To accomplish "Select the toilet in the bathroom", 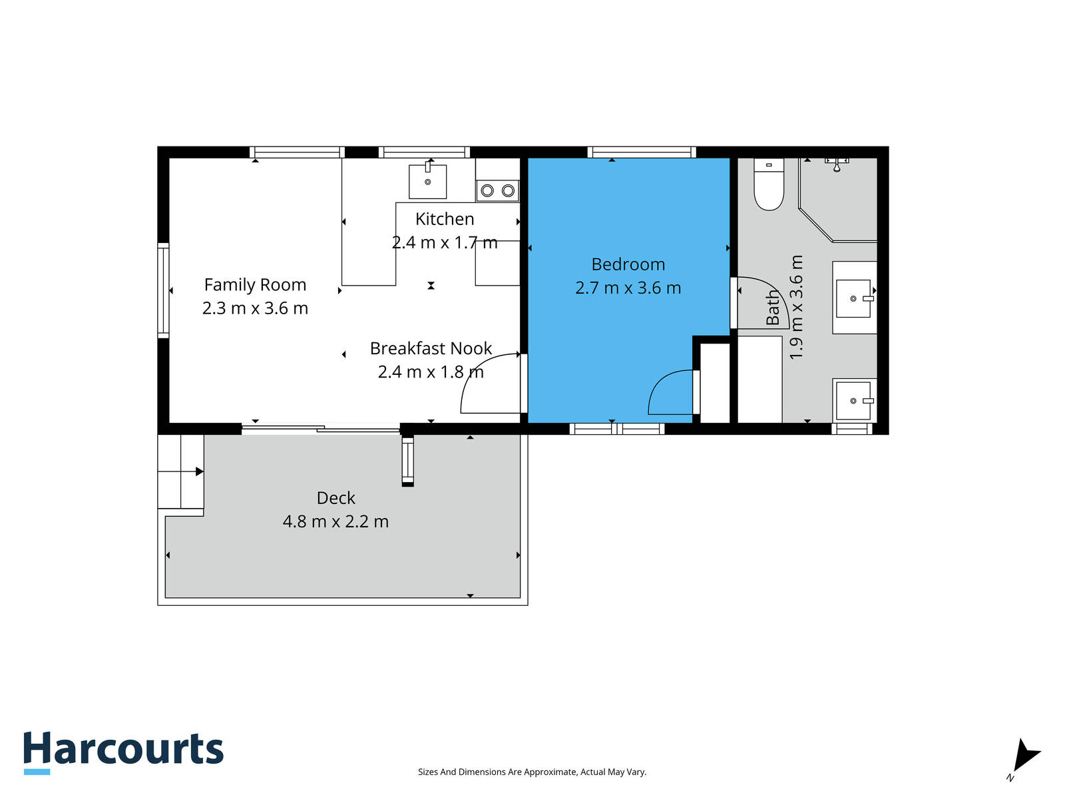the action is coord(769,184).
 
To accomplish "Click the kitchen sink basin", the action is coord(427,181).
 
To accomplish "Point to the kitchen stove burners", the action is coord(497,190).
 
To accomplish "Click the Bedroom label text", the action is coord(628,264).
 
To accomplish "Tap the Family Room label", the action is coord(255,285).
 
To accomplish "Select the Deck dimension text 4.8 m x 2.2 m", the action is coord(335,521).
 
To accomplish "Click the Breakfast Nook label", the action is coord(431,348).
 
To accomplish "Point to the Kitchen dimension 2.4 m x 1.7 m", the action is coord(445,242).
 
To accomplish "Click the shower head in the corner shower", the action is coord(837,164).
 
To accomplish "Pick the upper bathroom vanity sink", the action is coord(853,298).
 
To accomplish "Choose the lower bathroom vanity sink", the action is coord(853,401).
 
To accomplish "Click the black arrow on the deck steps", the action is coord(200,471).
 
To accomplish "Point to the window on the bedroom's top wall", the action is coord(642,152).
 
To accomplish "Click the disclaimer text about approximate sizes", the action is coord(532,772).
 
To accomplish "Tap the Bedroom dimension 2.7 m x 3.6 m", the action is coord(628,288).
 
